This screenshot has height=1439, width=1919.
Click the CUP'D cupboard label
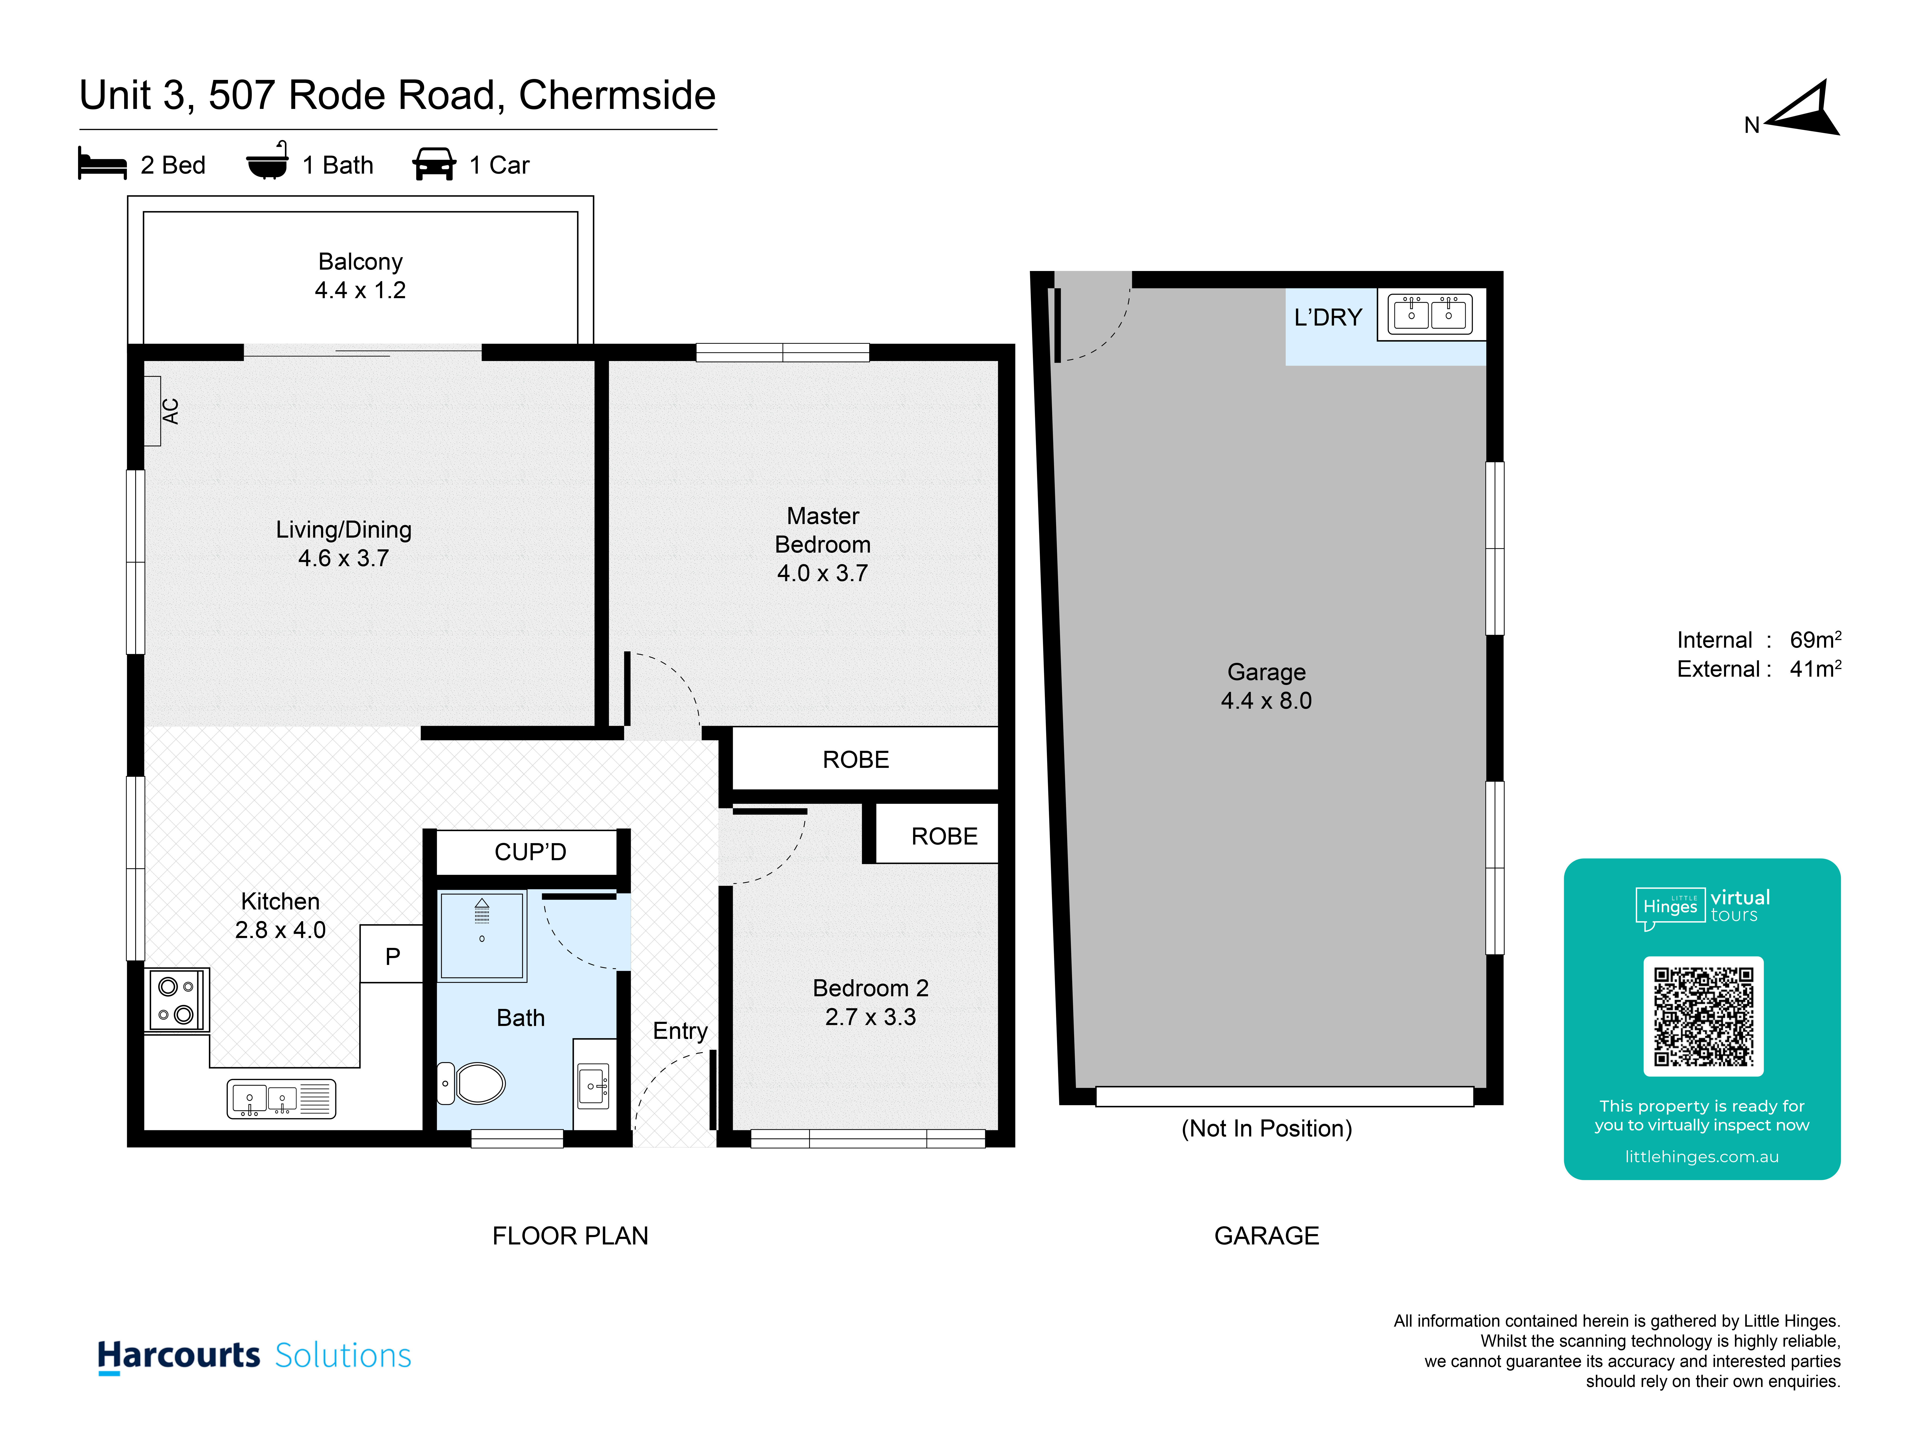point(530,852)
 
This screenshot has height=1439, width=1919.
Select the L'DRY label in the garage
point(1327,318)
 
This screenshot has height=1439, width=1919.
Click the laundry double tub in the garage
point(1431,314)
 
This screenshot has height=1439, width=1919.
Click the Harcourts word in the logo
point(179,1355)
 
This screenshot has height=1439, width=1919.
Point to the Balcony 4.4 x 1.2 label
point(360,276)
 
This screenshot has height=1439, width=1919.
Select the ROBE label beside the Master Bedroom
point(855,760)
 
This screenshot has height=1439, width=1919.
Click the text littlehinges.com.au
point(1702,1156)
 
